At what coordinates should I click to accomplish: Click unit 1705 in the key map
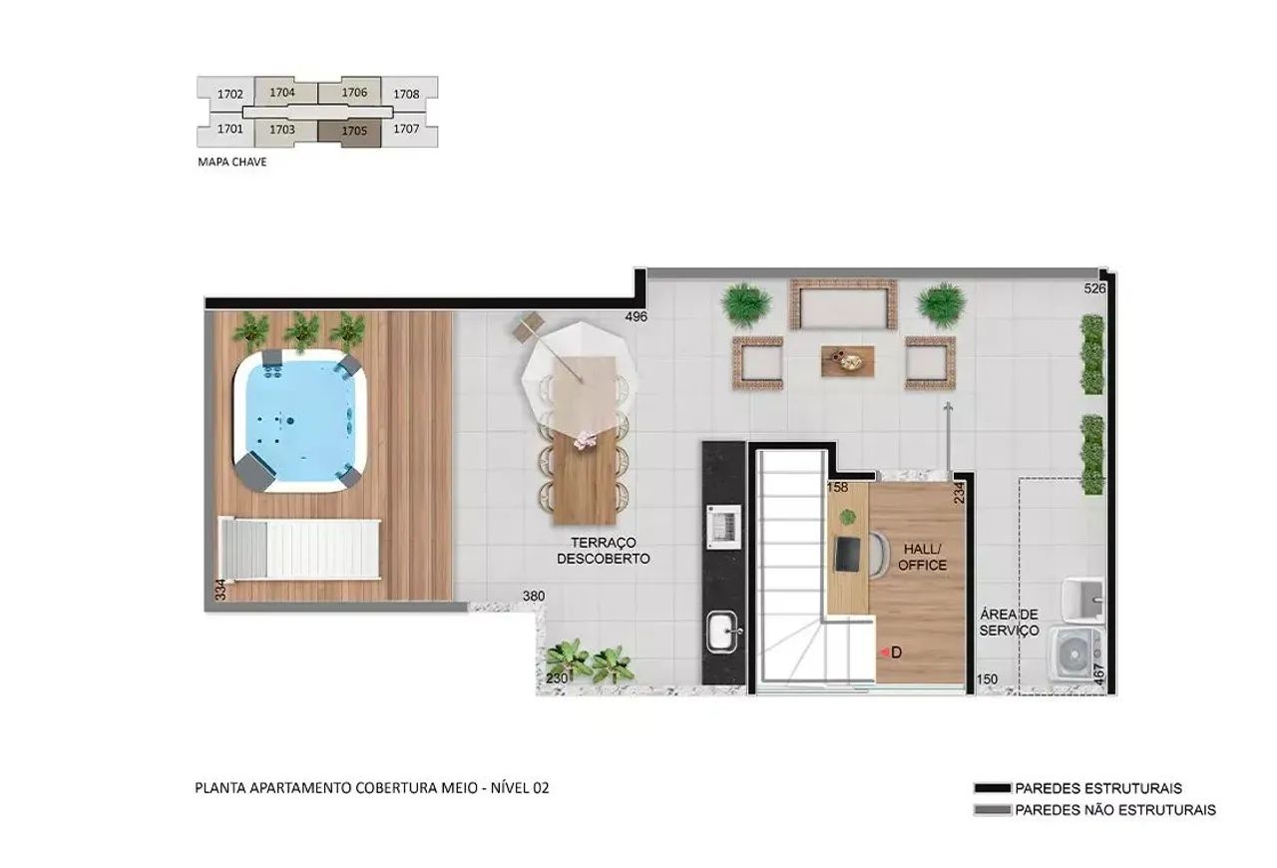coord(354,130)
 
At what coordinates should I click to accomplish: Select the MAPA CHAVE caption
coord(232,161)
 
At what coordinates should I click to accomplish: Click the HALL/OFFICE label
coord(922,557)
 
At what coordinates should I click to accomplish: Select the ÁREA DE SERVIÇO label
coord(1009,622)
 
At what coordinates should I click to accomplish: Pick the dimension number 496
coord(637,316)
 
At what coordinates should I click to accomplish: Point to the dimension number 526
coord(1095,289)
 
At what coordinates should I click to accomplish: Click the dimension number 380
coord(534,597)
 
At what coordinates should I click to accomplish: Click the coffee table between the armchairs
coord(847,360)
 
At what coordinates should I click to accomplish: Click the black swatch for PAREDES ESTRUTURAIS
coord(992,788)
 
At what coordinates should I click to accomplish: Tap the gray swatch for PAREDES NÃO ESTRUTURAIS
coord(992,810)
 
